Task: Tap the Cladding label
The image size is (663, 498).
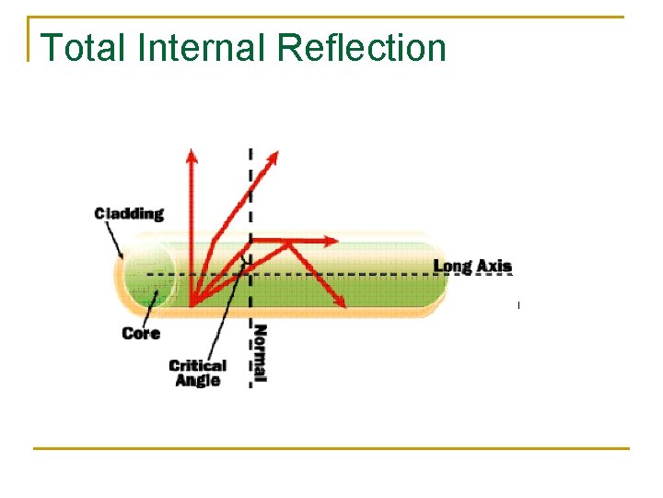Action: tap(129, 214)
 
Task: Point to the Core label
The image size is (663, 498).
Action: tap(141, 333)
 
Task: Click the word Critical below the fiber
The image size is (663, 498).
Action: tap(197, 365)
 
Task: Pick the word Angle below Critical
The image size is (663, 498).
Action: tap(197, 380)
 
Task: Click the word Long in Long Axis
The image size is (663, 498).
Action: tap(452, 267)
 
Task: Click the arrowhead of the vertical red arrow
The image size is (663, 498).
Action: tap(192, 155)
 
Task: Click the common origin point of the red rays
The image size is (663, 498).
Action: tap(192, 303)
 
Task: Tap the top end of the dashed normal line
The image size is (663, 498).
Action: tap(250, 149)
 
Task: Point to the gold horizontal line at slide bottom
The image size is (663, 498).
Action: tap(331, 449)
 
